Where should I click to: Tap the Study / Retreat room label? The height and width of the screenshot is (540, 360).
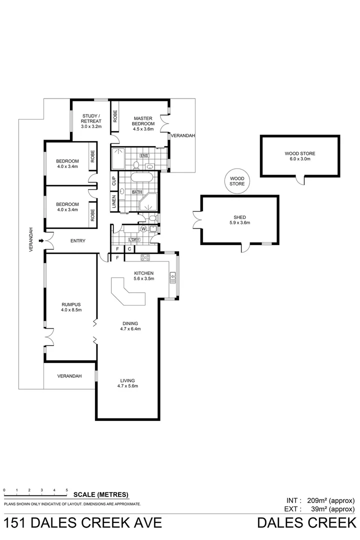(91, 118)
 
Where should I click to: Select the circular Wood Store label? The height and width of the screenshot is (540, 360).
(237, 181)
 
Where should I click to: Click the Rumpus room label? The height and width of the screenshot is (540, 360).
(71, 304)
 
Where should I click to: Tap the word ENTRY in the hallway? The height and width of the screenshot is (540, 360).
(77, 241)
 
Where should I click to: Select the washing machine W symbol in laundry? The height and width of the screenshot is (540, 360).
(143, 229)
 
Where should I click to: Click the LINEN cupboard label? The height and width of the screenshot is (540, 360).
(114, 202)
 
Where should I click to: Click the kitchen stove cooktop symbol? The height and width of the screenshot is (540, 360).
(146, 258)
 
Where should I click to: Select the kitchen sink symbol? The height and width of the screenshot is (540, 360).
(172, 274)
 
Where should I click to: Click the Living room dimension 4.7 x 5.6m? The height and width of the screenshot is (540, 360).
(127, 386)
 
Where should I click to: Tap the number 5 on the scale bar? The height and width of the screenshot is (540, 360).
(67, 490)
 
